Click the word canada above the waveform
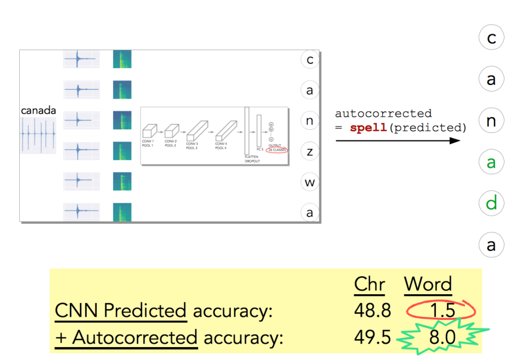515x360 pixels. point(38,110)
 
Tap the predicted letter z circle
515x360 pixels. point(310,151)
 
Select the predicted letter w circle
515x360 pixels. point(310,182)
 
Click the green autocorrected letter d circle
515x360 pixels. point(491,204)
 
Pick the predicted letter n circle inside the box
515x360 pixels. point(310,121)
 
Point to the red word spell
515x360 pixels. point(368,127)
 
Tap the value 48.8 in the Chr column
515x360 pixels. point(372,310)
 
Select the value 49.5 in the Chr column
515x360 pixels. point(372,337)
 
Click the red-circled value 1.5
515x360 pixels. point(442,310)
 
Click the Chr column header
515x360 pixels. point(369,284)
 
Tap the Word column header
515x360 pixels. point(428,284)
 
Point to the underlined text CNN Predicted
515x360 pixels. point(121,312)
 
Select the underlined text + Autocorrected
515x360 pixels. point(126,338)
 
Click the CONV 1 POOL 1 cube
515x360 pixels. point(150,131)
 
